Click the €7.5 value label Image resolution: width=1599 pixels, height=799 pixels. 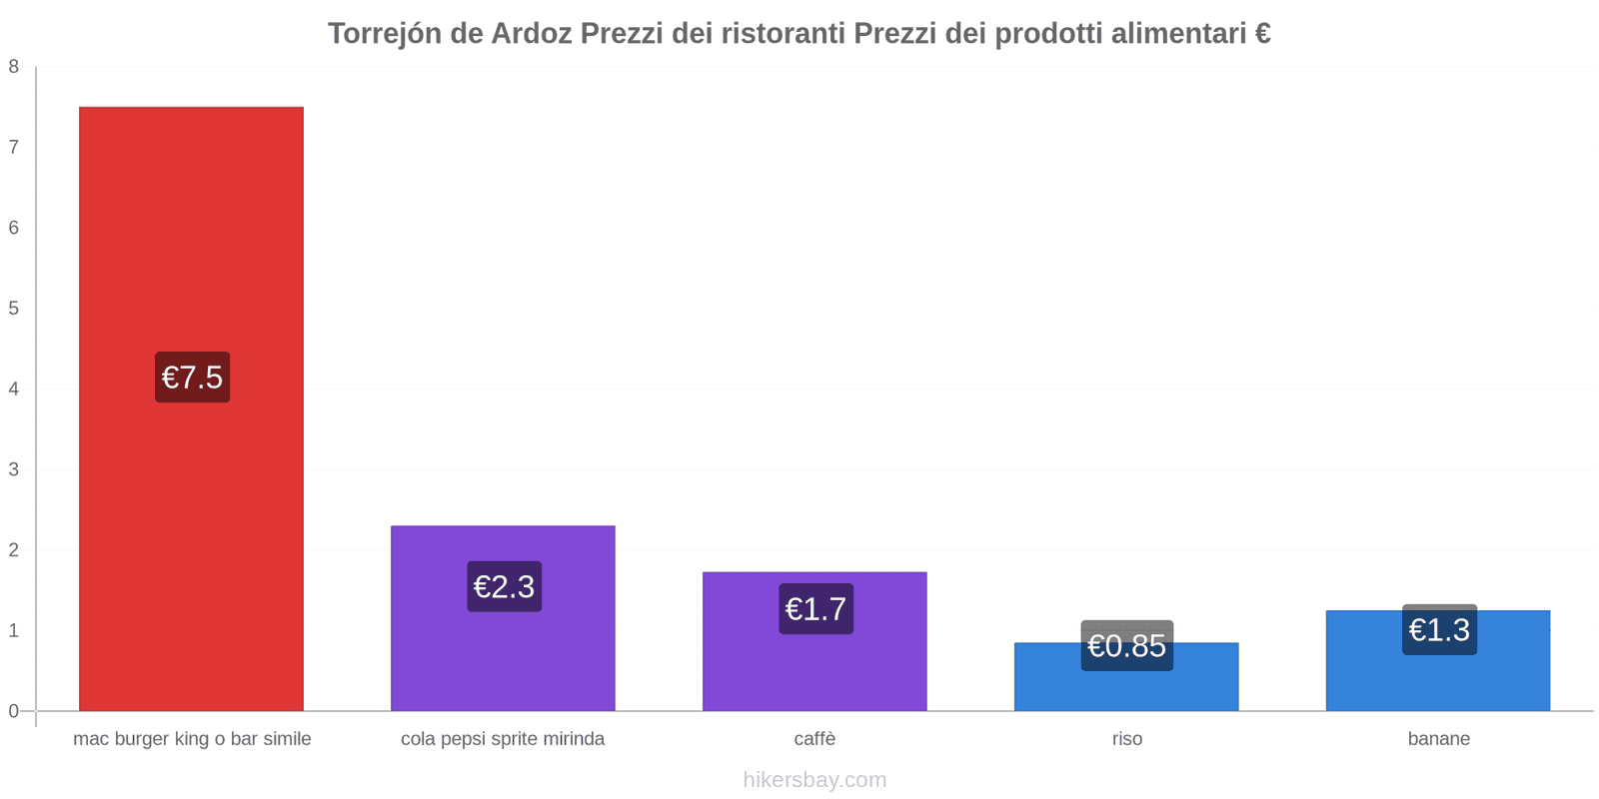[x=192, y=378]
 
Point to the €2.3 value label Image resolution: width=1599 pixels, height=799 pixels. [x=504, y=586]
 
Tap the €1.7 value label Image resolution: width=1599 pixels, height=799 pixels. [x=815, y=608]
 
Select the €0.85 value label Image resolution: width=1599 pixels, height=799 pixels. [x=1126, y=646]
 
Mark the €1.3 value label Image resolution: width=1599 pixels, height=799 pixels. [x=1439, y=630]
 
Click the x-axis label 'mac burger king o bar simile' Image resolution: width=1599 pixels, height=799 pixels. [x=192, y=739]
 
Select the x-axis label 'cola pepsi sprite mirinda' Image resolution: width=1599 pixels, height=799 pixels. [x=503, y=739]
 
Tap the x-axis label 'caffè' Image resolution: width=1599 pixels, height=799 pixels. [x=814, y=739]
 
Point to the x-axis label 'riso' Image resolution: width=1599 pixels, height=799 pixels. [x=1126, y=739]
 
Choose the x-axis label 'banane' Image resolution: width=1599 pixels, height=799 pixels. [x=1438, y=739]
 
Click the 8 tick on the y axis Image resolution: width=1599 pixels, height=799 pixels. [x=14, y=67]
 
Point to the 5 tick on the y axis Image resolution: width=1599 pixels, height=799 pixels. [x=14, y=309]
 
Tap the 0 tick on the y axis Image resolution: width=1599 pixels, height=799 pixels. [x=14, y=711]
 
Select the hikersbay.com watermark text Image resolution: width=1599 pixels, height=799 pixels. [x=814, y=780]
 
